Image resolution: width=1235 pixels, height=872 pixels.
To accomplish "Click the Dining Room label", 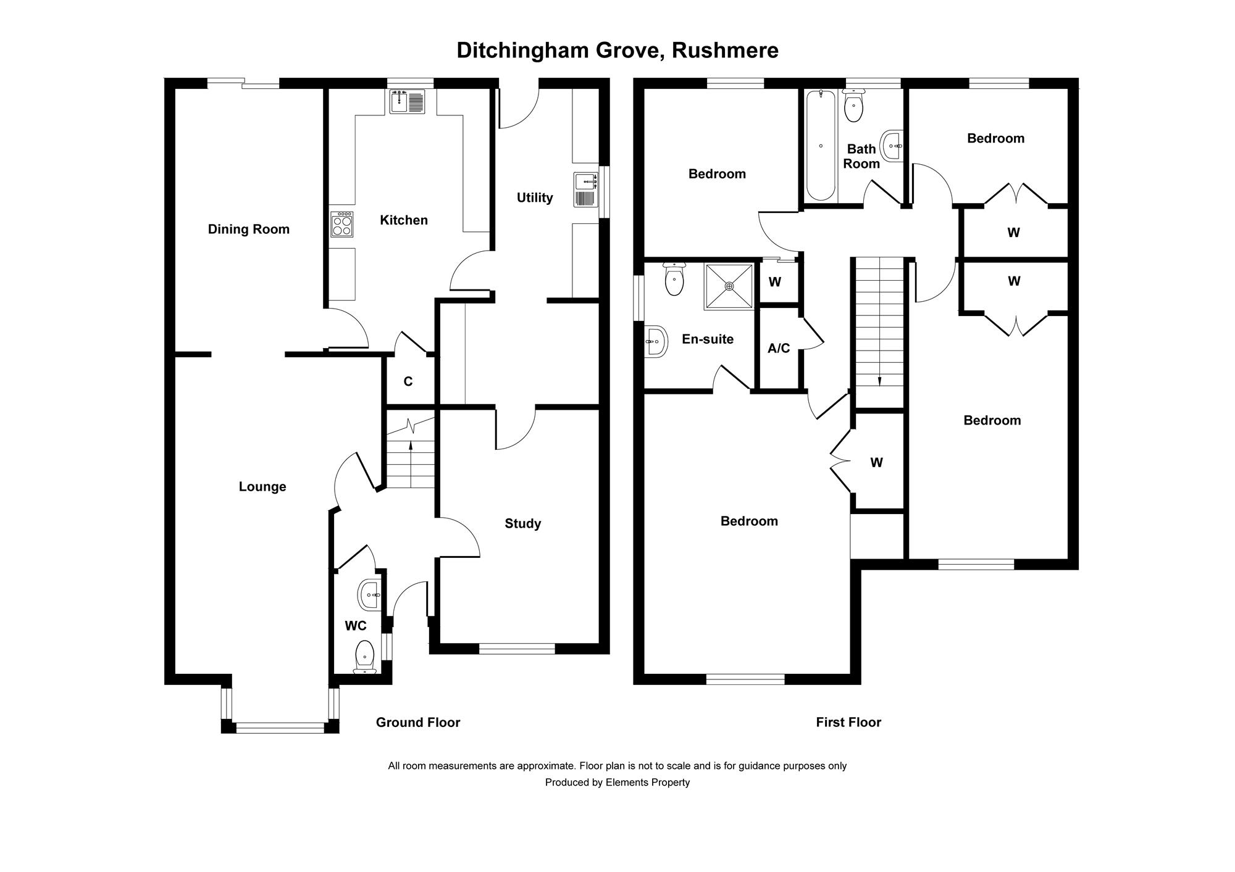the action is pos(248,230).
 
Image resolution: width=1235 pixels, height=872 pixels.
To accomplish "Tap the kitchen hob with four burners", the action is pos(342,224).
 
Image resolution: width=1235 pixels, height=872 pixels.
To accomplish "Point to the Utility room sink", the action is pos(585,189).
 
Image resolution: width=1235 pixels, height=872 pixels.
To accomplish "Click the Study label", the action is pos(522,524).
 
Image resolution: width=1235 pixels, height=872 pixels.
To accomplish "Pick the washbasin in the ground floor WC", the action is pos(369,595).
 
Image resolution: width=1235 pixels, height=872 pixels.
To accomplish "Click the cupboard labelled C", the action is pos(408,382).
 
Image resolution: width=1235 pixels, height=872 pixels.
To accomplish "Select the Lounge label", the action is pos(262,487).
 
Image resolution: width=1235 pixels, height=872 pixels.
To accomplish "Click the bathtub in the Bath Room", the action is pos(821,146).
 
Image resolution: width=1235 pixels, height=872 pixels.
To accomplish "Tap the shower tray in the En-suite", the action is pos(729,287).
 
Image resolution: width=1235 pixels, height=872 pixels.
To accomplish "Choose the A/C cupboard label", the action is pos(779,349).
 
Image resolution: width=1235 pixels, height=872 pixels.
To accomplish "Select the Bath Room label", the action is pos(861,156).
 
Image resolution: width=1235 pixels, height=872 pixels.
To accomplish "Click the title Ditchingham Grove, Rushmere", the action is pos(617,51).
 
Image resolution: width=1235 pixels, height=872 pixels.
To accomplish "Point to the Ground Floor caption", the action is pos(418,723).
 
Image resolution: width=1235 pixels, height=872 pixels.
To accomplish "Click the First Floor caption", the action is pos(848,723).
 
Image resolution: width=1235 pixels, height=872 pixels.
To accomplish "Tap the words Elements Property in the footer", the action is pos(648,783).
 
